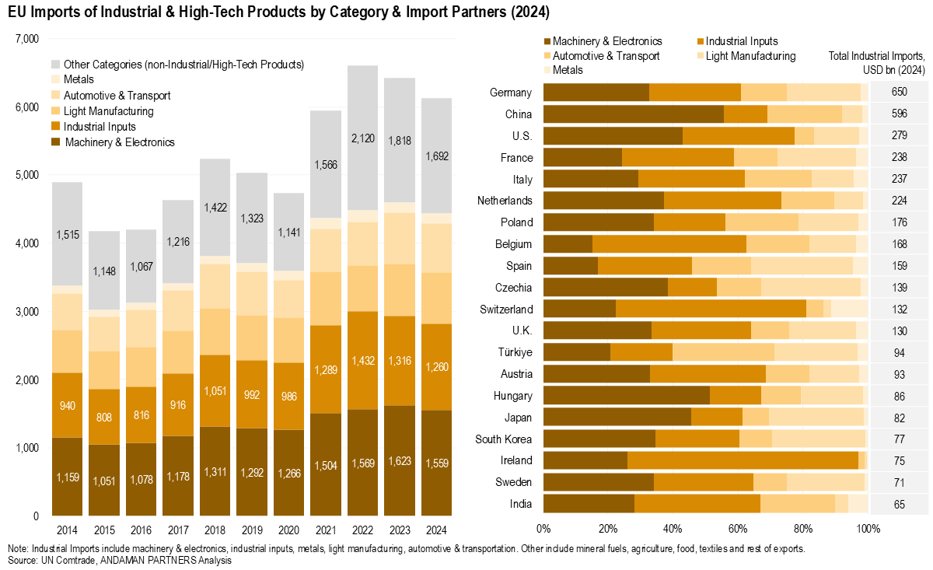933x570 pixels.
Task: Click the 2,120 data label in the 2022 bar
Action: click(362, 161)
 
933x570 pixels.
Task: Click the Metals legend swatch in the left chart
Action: click(56, 79)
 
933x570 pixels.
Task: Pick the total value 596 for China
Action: click(898, 114)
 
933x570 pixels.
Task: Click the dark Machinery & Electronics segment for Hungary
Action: click(627, 395)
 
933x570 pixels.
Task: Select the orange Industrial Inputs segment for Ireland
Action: click(743, 460)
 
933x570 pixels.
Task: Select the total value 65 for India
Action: click(898, 504)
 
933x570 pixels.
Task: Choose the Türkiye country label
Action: click(515, 351)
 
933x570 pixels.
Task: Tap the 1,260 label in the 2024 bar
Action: click(436, 367)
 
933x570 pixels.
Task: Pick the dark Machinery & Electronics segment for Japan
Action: click(617, 417)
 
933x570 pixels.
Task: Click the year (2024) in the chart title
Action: click(528, 12)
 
